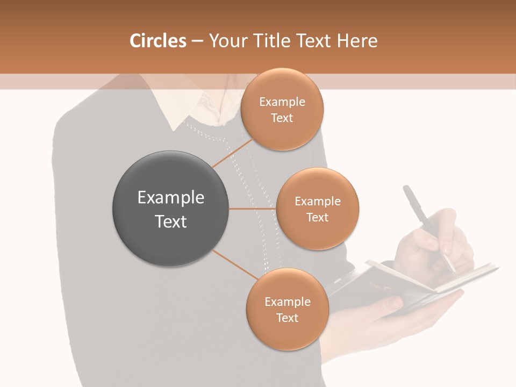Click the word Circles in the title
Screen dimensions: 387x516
point(157,41)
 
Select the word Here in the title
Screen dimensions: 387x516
point(357,41)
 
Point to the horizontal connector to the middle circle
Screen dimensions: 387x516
point(252,209)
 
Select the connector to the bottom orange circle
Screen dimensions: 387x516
point(235,264)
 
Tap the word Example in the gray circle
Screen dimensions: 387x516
point(170,198)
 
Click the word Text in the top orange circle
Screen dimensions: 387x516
point(282,118)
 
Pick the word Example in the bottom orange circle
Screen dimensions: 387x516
point(288,302)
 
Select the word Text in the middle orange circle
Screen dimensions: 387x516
point(318,217)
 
